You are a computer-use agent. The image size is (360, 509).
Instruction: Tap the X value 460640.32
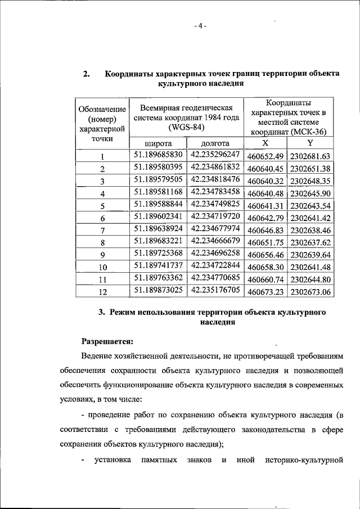pos(265,181)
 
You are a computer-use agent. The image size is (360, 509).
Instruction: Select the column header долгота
pos(215,143)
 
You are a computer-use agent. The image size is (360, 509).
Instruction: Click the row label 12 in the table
pos(102,292)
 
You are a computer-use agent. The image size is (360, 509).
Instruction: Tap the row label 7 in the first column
pos(102,231)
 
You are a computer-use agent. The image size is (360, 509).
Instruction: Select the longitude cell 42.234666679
pos(215,241)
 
